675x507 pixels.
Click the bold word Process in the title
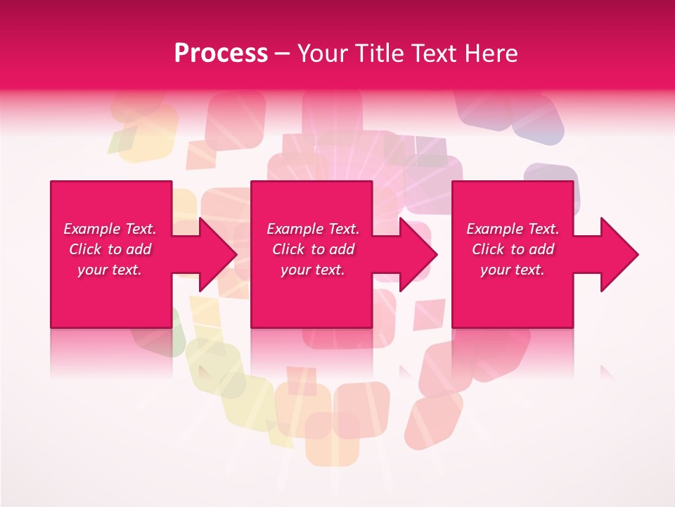click(x=221, y=54)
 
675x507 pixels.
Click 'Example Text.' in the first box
click(x=110, y=229)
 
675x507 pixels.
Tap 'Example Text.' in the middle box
click(x=313, y=229)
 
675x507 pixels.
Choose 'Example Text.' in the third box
click(x=513, y=229)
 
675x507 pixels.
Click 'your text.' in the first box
click(x=110, y=270)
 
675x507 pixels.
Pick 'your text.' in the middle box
click(x=313, y=270)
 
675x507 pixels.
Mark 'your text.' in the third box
click(x=513, y=270)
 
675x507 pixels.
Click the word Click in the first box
click(x=85, y=249)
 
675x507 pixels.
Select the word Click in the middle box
click(x=288, y=249)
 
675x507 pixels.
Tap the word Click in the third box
click(x=488, y=249)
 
